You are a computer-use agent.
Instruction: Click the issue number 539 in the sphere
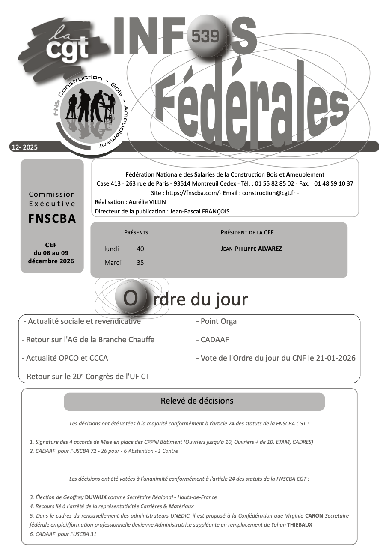pyautogui.click(x=206, y=37)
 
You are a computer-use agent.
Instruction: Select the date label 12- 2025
pyautogui.click(x=25, y=147)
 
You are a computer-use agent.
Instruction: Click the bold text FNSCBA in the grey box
pyautogui.click(x=52, y=219)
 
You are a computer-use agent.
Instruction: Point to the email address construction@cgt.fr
pyautogui.click(x=269, y=193)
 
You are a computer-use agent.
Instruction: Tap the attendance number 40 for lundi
pyautogui.click(x=140, y=249)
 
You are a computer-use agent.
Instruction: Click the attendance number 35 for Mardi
pyautogui.click(x=140, y=263)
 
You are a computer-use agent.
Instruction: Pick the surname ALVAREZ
pyautogui.click(x=270, y=249)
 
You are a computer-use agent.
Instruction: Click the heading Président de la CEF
pyautogui.click(x=247, y=233)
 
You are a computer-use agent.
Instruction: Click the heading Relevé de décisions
pyautogui.click(x=197, y=401)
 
